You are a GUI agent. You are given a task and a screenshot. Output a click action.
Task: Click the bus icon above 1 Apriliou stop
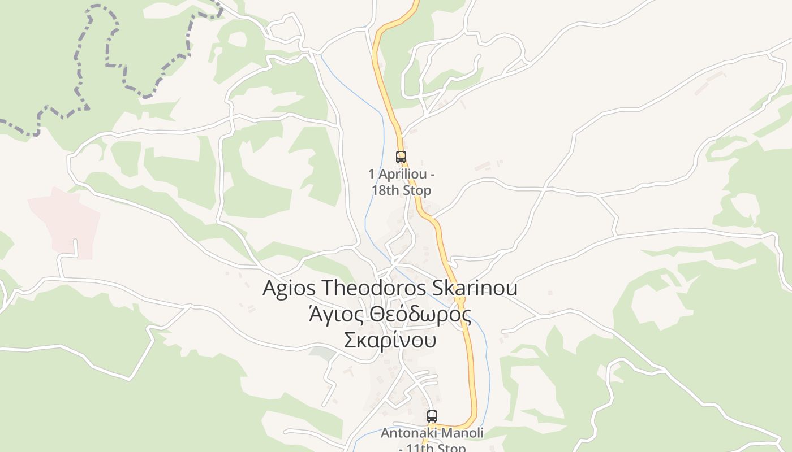coord(401,157)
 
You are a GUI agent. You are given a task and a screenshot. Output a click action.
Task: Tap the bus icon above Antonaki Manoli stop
coord(432,416)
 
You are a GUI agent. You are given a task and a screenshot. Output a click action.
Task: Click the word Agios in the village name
coord(289,288)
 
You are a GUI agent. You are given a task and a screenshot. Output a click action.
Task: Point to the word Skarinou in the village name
coord(475,288)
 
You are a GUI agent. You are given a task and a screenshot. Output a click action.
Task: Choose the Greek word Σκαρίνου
coord(390,341)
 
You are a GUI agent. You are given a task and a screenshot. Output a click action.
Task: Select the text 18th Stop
coord(401,190)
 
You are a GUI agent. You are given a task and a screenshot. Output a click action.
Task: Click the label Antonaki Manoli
coord(432,433)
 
